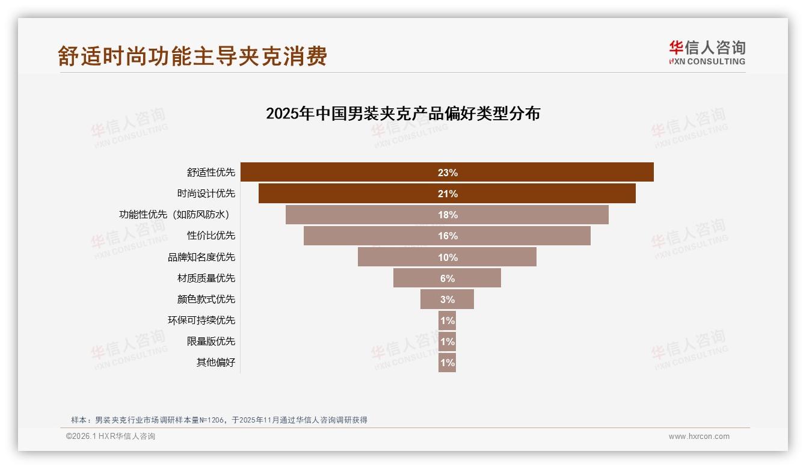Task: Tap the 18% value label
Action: click(448, 215)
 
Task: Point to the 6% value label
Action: click(448, 278)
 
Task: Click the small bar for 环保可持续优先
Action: click(447, 320)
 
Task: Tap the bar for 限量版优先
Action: click(447, 342)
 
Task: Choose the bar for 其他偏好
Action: click(447, 363)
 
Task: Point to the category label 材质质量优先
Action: click(206, 278)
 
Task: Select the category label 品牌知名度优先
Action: click(201, 257)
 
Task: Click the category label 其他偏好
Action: click(215, 363)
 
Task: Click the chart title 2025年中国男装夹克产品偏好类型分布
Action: click(403, 113)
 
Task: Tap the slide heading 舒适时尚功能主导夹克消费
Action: click(192, 56)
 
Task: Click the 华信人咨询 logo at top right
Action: click(707, 52)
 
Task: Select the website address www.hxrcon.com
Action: click(699, 437)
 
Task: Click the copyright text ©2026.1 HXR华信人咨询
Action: click(111, 437)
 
